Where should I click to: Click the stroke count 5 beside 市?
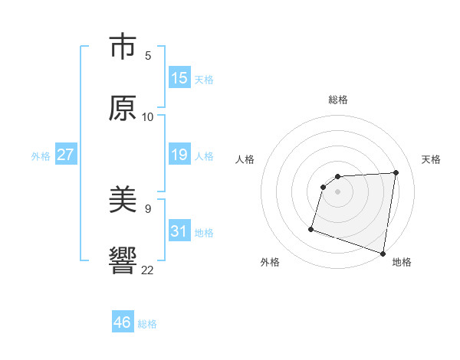coord(148,56)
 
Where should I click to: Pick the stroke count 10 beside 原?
coord(148,117)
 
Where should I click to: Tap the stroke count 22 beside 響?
coord(148,269)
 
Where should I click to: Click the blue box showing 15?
coord(179,78)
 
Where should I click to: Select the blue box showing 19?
coord(179,155)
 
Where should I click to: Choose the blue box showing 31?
coord(179,231)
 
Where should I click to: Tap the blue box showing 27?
coord(65,155)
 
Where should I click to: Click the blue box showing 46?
coord(122,322)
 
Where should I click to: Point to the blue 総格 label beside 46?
coord(147,324)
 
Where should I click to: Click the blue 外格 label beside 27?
coord(41,156)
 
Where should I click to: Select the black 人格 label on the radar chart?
coord(245,159)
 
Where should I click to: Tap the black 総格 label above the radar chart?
coord(338,100)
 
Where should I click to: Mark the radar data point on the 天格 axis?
coord(396,172)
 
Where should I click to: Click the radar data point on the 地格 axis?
coord(383,253)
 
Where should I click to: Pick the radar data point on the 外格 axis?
coord(311,228)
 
